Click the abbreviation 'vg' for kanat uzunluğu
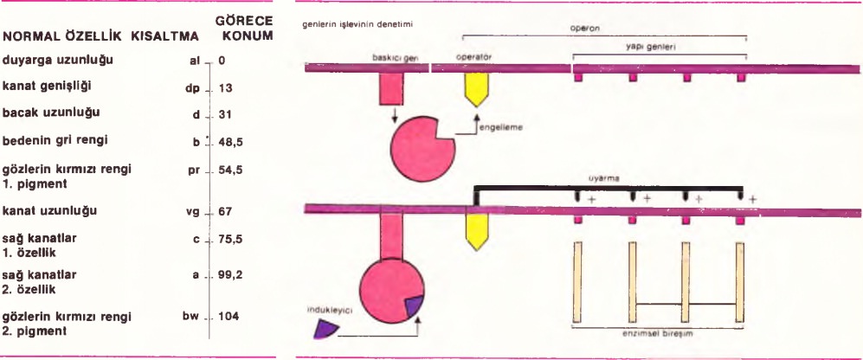[194, 211]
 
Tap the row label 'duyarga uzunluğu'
[57, 61]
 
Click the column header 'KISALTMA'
[166, 38]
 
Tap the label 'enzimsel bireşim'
[657, 332]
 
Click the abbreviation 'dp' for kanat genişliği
[193, 88]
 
